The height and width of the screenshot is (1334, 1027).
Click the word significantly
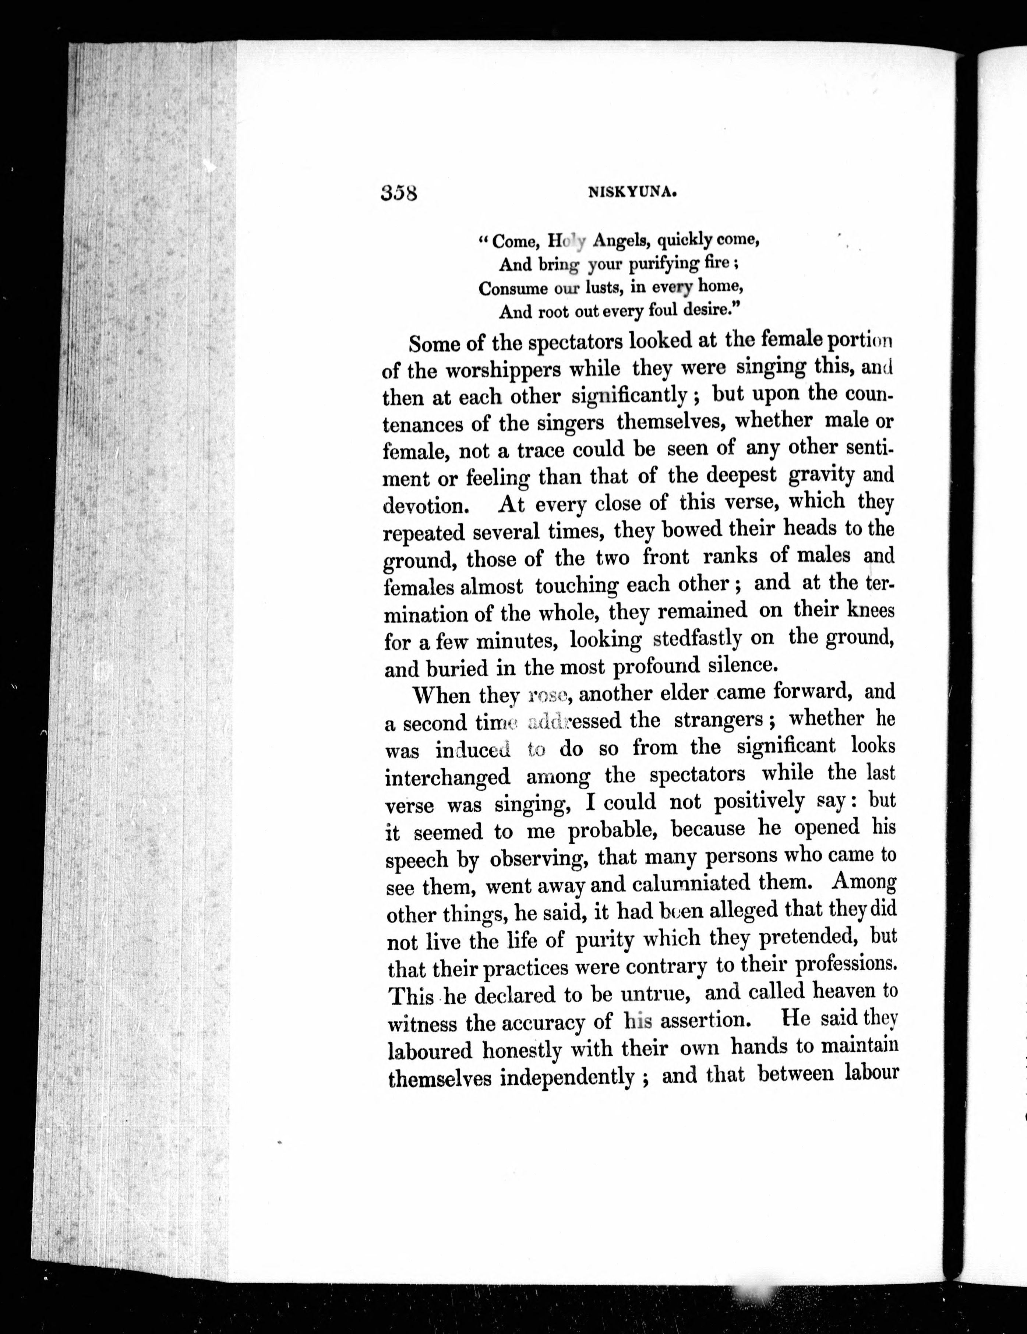(x=629, y=396)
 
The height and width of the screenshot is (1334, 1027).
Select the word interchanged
(x=447, y=777)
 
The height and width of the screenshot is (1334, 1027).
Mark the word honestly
(x=522, y=1049)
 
